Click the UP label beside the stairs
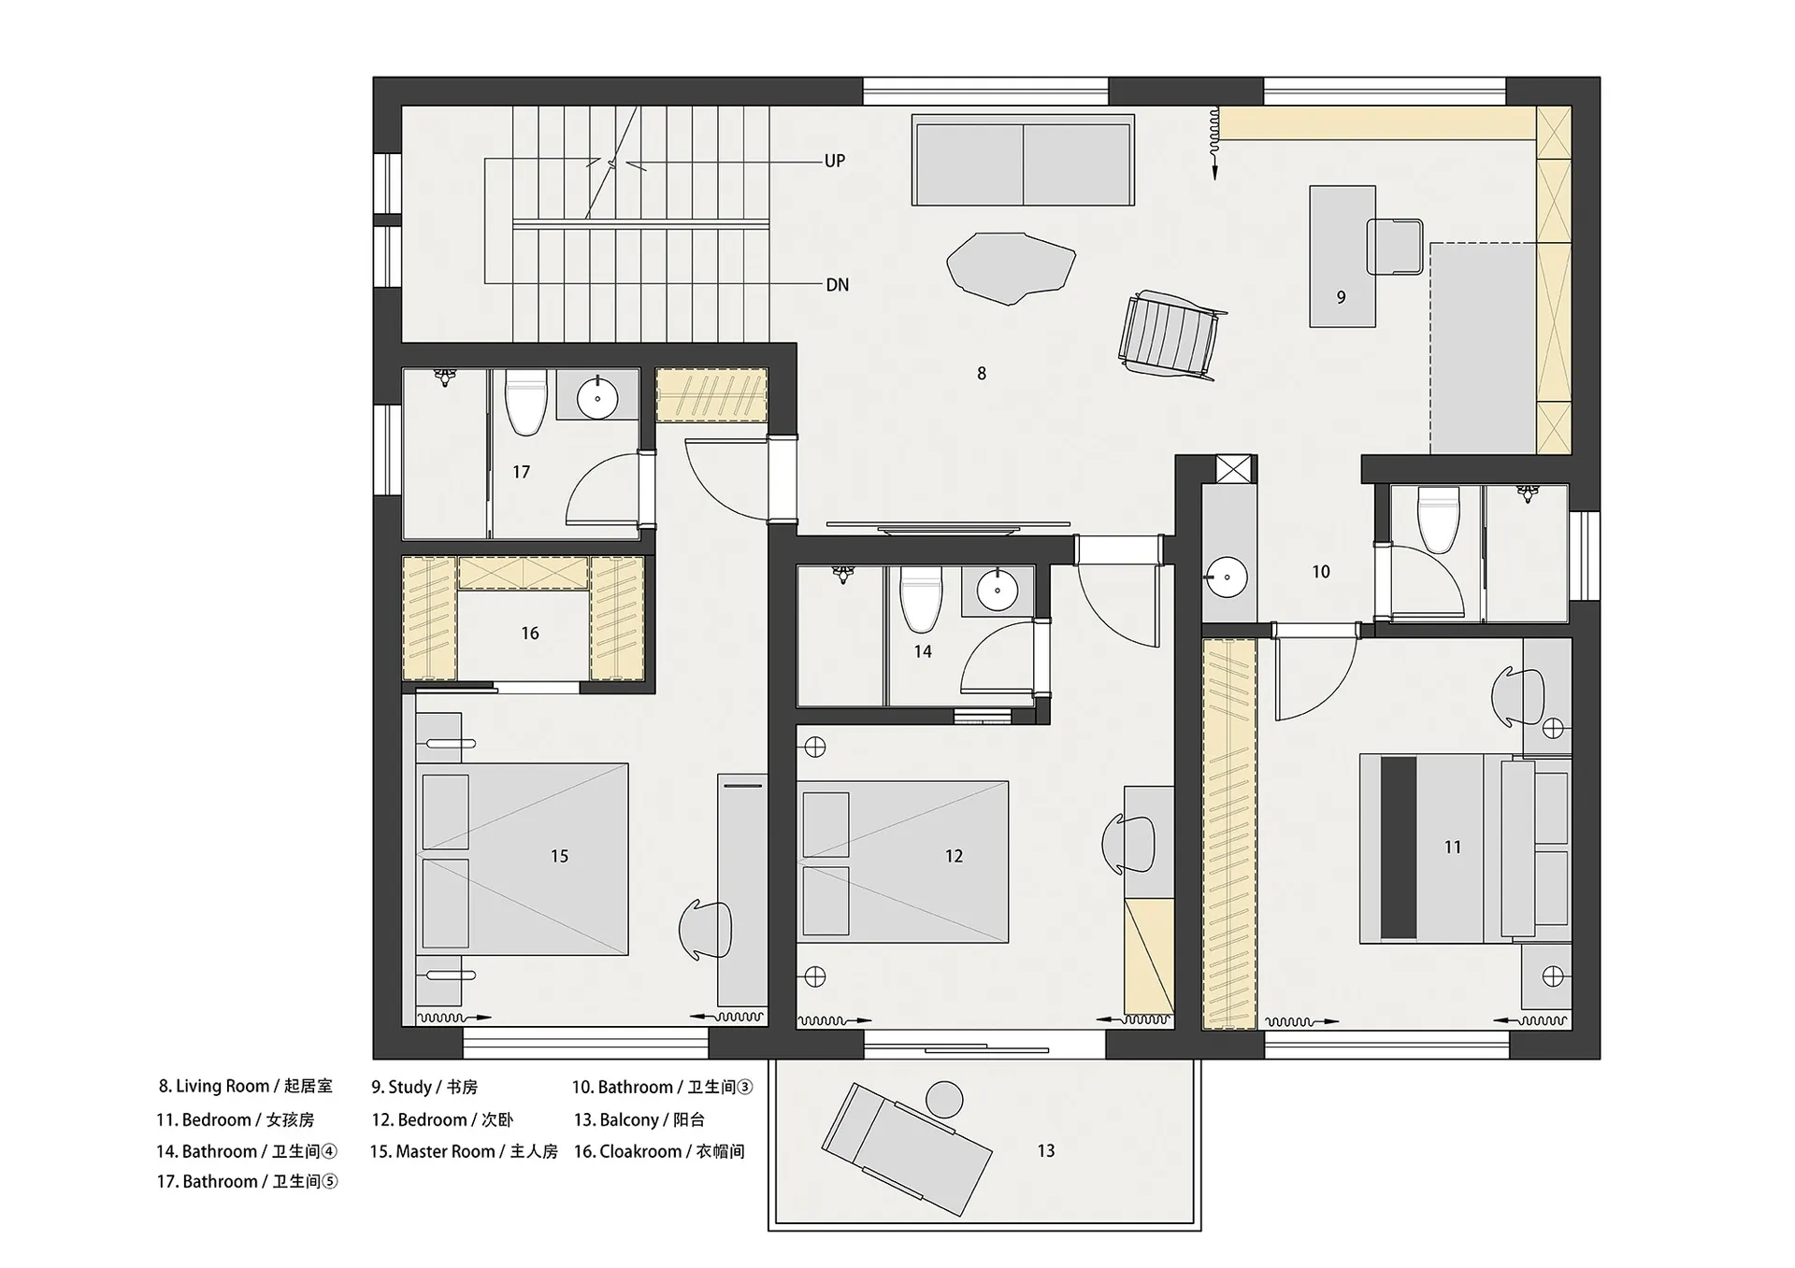pyautogui.click(x=834, y=161)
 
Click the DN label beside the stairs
pyautogui.click(x=837, y=285)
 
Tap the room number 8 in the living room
pyautogui.click(x=981, y=374)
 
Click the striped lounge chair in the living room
pyautogui.click(x=1170, y=335)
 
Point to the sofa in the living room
pyautogui.click(x=1023, y=160)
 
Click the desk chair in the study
pyautogui.click(x=1395, y=247)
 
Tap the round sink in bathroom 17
pyautogui.click(x=596, y=400)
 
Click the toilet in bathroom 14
pyautogui.click(x=921, y=599)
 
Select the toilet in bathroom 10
pyautogui.click(x=1438, y=519)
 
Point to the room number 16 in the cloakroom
pyautogui.click(x=530, y=634)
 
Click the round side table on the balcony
pyautogui.click(x=944, y=1100)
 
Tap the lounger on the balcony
pyautogui.click(x=906, y=1148)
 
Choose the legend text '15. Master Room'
pyautogui.click(x=432, y=1151)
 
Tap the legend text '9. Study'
pyautogui.click(x=401, y=1087)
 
